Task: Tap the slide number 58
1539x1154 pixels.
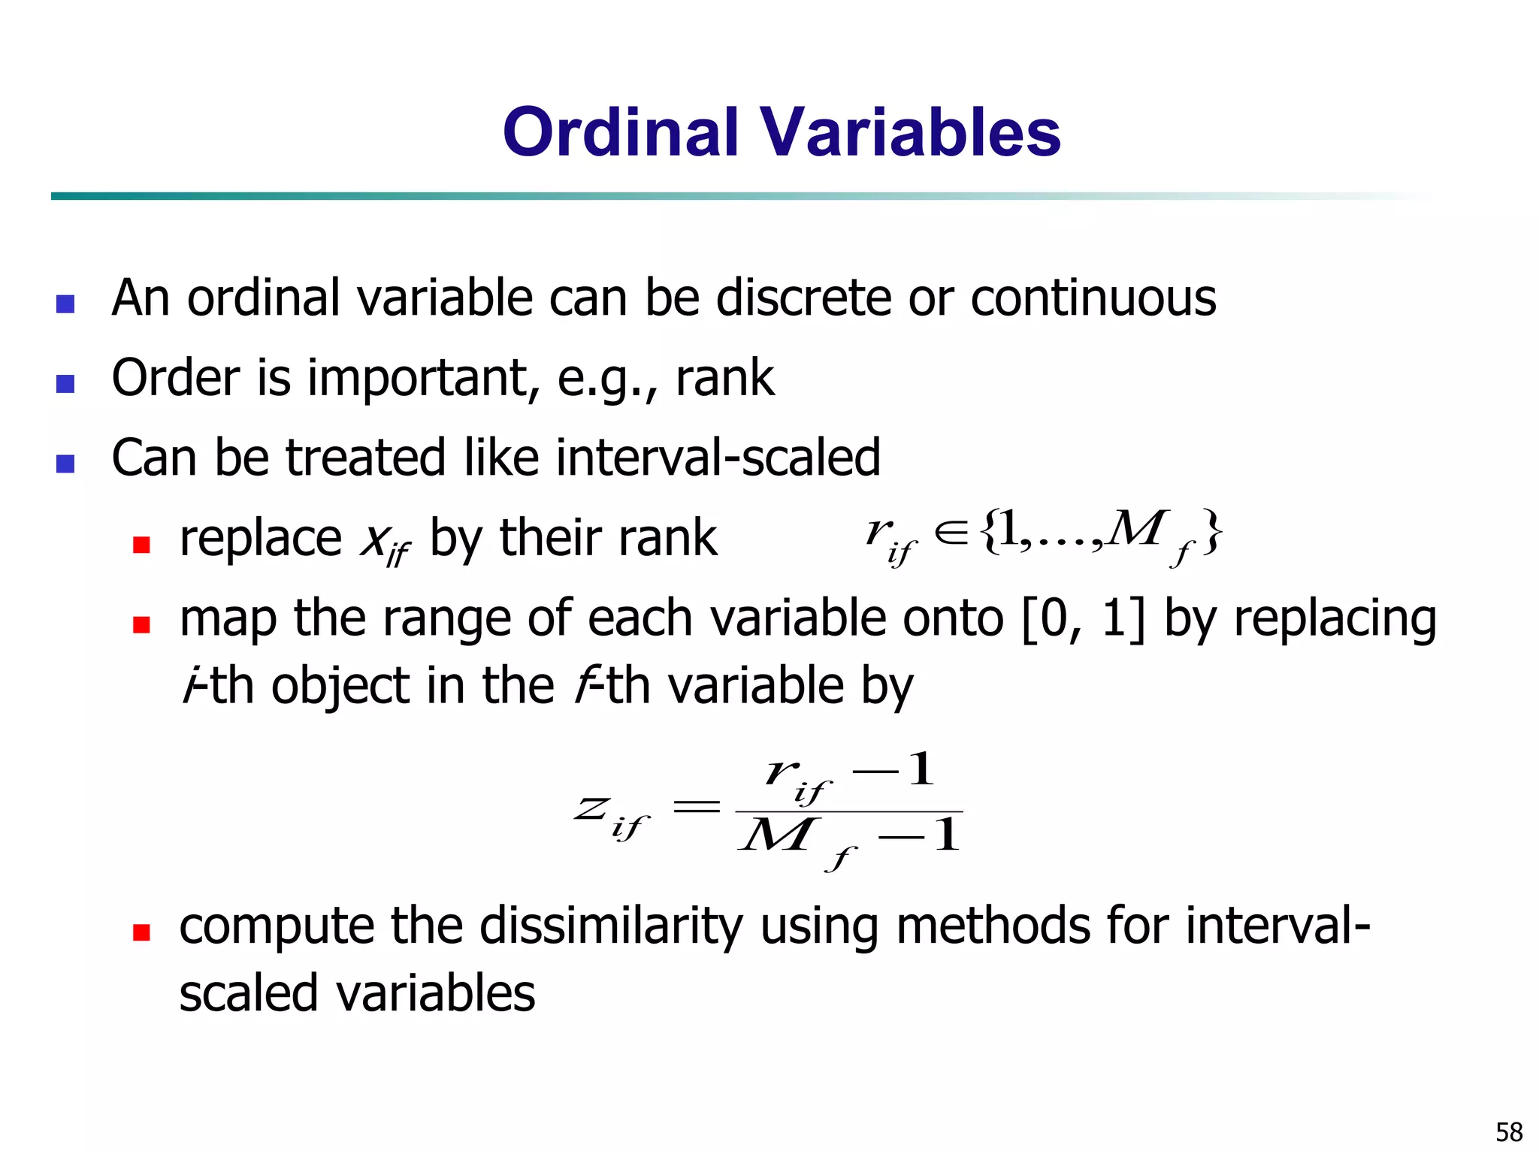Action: tap(1508, 1131)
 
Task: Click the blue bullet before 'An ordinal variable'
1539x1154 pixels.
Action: tap(65, 304)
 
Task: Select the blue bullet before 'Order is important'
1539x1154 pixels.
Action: tap(65, 384)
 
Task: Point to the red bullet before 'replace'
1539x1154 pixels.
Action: tap(141, 544)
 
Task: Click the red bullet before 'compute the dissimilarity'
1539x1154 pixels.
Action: tap(141, 932)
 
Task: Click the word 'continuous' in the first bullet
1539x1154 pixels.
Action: tap(1093, 298)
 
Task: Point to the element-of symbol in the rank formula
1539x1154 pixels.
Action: tap(951, 533)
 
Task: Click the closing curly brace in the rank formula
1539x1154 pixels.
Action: tap(1211, 532)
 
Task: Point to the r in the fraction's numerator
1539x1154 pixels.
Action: tap(782, 771)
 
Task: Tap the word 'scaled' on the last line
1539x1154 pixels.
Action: tap(249, 993)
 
